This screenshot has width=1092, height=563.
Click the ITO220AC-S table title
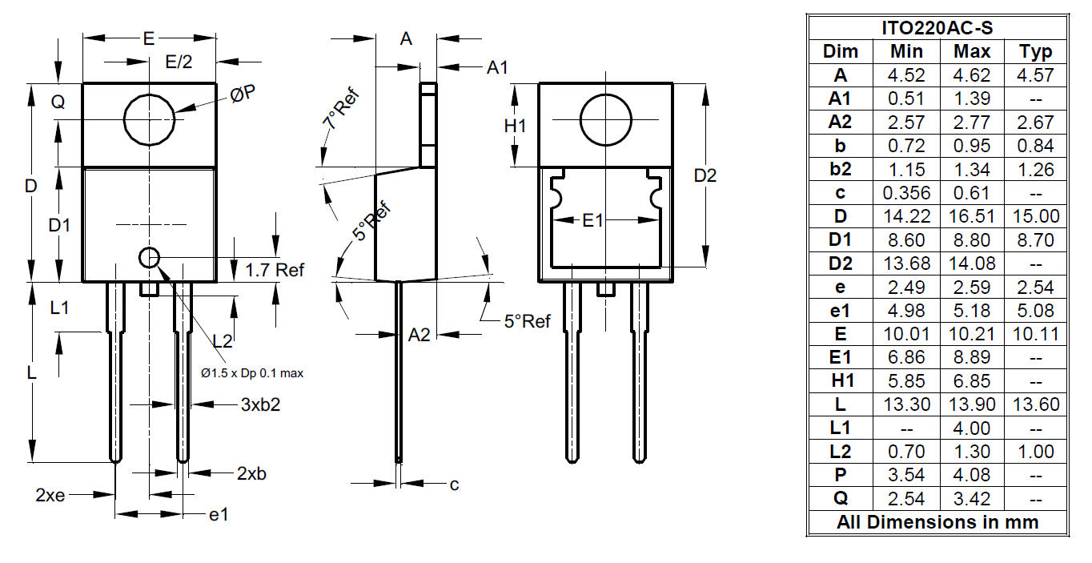click(937, 28)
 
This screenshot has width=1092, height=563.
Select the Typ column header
click(1035, 52)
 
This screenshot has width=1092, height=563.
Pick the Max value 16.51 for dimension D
click(972, 216)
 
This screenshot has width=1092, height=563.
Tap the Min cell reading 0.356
click(906, 193)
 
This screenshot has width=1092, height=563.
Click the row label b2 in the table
click(840, 169)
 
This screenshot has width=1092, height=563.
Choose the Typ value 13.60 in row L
click(1036, 404)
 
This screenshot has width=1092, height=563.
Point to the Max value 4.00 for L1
click(972, 428)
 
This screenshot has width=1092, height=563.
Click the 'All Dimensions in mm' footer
click(937, 522)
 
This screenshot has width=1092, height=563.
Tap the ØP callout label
click(243, 94)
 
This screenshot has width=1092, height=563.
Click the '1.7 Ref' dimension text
click(275, 270)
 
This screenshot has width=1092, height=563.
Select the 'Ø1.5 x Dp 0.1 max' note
click(252, 373)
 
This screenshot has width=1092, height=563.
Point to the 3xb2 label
click(260, 404)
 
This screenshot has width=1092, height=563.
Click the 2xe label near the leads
click(50, 495)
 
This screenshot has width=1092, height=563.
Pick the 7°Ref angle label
click(341, 109)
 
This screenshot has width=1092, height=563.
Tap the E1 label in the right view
click(592, 221)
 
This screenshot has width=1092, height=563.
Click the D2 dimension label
click(705, 175)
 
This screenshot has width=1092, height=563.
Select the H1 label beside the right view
click(515, 127)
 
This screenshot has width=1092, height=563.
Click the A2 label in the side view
click(419, 336)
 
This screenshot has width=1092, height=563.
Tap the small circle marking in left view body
click(149, 258)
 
